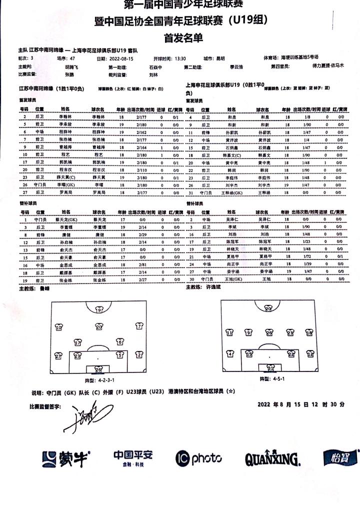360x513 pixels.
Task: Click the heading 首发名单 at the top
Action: click(x=180, y=37)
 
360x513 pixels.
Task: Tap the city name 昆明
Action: click(x=220, y=58)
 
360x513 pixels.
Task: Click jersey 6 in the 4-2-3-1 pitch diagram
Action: click(x=119, y=342)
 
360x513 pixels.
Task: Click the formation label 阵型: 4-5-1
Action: click(x=269, y=379)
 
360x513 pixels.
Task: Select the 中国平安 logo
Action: click(x=132, y=457)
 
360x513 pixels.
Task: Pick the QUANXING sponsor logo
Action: click(x=272, y=458)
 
